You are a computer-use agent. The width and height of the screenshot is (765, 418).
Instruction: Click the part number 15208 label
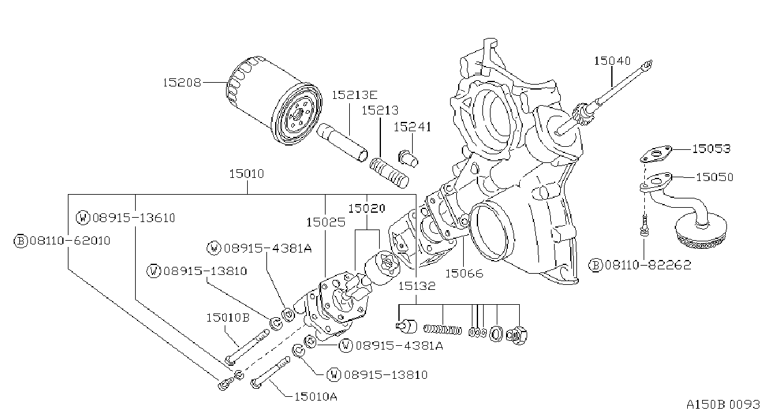click(x=182, y=83)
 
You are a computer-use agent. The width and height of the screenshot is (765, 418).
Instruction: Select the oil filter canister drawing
click(x=274, y=101)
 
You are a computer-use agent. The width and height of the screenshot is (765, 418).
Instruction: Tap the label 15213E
click(x=355, y=95)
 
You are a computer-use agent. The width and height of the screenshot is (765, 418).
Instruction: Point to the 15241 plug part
click(x=408, y=159)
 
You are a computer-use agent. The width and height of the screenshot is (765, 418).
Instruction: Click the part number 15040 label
click(x=612, y=61)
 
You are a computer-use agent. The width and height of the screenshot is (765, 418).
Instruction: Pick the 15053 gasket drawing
click(x=655, y=154)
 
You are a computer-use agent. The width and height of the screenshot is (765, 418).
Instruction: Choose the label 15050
click(x=715, y=177)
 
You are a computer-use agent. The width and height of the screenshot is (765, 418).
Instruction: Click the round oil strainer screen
click(x=701, y=231)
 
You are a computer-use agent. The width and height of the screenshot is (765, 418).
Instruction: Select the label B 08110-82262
click(x=640, y=265)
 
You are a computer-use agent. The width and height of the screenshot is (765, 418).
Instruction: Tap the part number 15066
click(x=464, y=273)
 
